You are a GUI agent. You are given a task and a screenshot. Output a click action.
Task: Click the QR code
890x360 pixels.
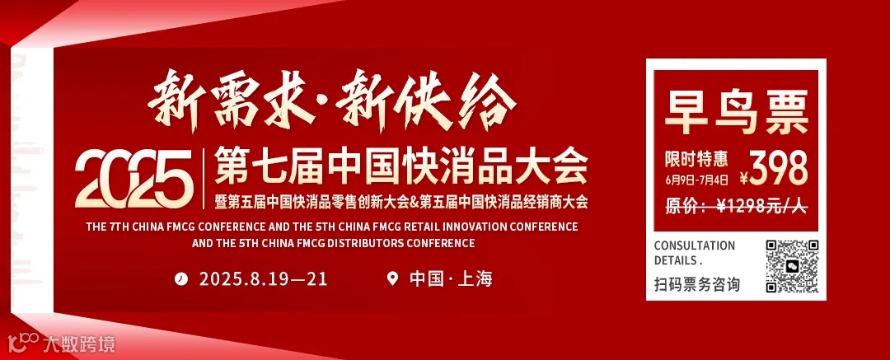[x=791, y=265]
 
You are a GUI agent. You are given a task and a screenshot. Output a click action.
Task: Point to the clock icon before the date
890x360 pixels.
[x=180, y=278]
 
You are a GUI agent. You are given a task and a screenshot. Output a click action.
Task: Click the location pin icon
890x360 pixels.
[x=392, y=278]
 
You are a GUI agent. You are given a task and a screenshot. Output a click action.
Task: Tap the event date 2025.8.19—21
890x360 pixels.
[x=263, y=278]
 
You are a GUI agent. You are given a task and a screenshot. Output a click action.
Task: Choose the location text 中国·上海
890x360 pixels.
[x=451, y=278]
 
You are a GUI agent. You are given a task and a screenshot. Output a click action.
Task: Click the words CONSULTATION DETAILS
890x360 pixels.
[x=694, y=252]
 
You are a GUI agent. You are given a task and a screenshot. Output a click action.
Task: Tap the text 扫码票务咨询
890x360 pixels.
[x=696, y=285]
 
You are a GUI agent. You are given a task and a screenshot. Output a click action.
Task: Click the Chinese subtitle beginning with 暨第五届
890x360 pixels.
[x=401, y=201]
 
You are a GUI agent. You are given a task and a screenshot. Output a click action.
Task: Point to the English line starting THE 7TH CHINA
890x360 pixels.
[x=331, y=226]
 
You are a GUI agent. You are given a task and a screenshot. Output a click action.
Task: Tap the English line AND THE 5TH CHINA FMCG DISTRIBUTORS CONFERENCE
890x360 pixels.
[x=333, y=243]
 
